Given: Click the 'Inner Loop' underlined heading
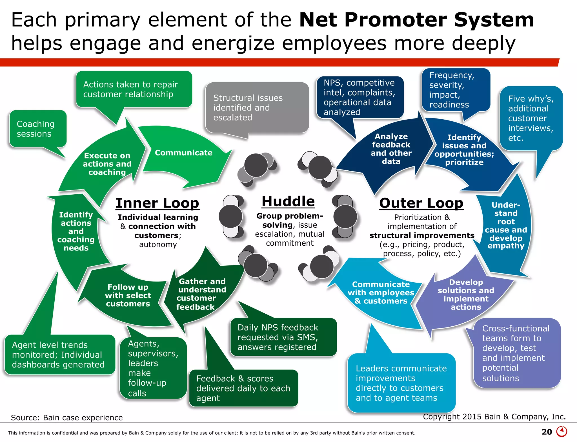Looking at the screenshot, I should pos(157,203).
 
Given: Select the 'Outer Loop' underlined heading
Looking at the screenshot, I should pos(421,203).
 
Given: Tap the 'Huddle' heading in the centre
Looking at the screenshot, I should pos(288,201).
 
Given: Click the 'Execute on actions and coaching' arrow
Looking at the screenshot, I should pos(107,164).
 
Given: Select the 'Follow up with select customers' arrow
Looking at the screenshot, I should pos(128,295).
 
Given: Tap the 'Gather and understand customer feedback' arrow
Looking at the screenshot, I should pos(201,294).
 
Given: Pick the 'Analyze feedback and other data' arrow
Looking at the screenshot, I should pos(391,149).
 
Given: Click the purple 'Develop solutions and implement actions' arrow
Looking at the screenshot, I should pos(466,294).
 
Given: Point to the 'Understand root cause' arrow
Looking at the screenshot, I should pos(506,226).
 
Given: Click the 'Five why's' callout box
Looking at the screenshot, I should pos(531,118).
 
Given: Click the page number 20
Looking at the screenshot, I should pos(547,432).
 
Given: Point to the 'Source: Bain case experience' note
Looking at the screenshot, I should pos(67,417).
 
